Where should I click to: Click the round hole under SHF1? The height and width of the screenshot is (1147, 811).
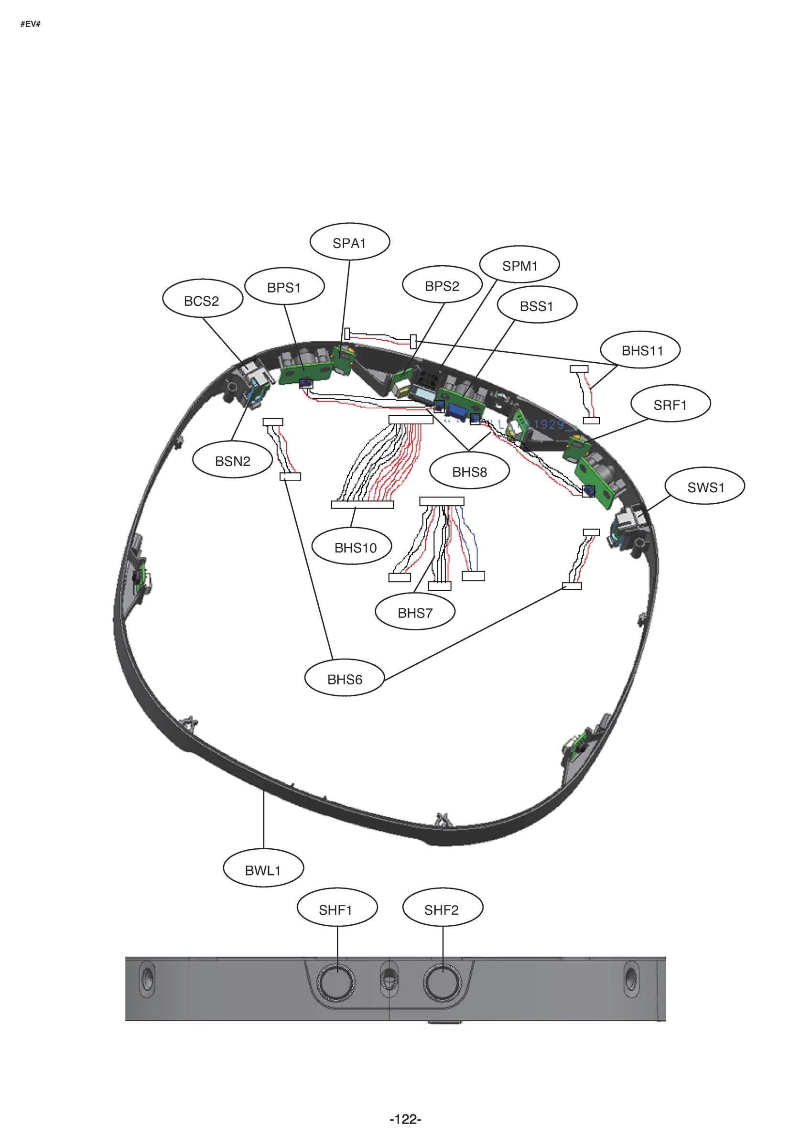click(x=337, y=983)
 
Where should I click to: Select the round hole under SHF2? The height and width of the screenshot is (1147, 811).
click(x=442, y=983)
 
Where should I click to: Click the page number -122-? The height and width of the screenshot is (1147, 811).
click(x=405, y=1119)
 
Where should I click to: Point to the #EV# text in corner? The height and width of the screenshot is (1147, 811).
click(x=30, y=24)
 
